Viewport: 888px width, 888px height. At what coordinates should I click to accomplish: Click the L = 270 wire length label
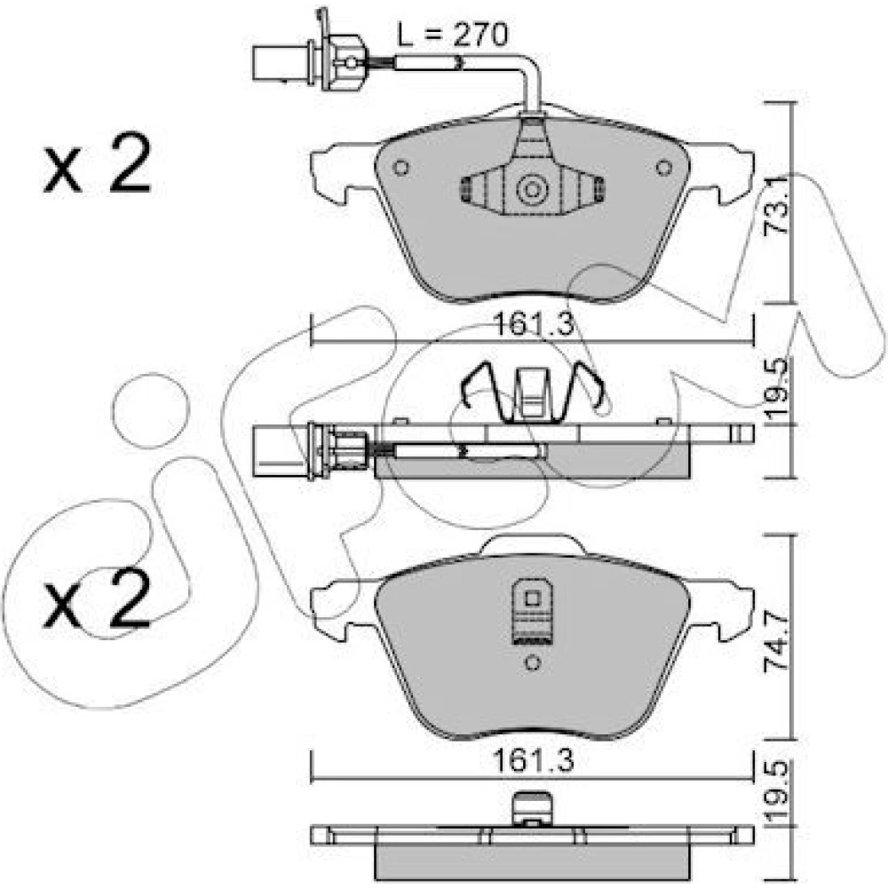[x=452, y=36]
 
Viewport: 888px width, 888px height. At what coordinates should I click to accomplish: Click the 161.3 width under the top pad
[x=534, y=325]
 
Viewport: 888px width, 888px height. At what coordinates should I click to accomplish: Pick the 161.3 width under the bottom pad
[x=534, y=761]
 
